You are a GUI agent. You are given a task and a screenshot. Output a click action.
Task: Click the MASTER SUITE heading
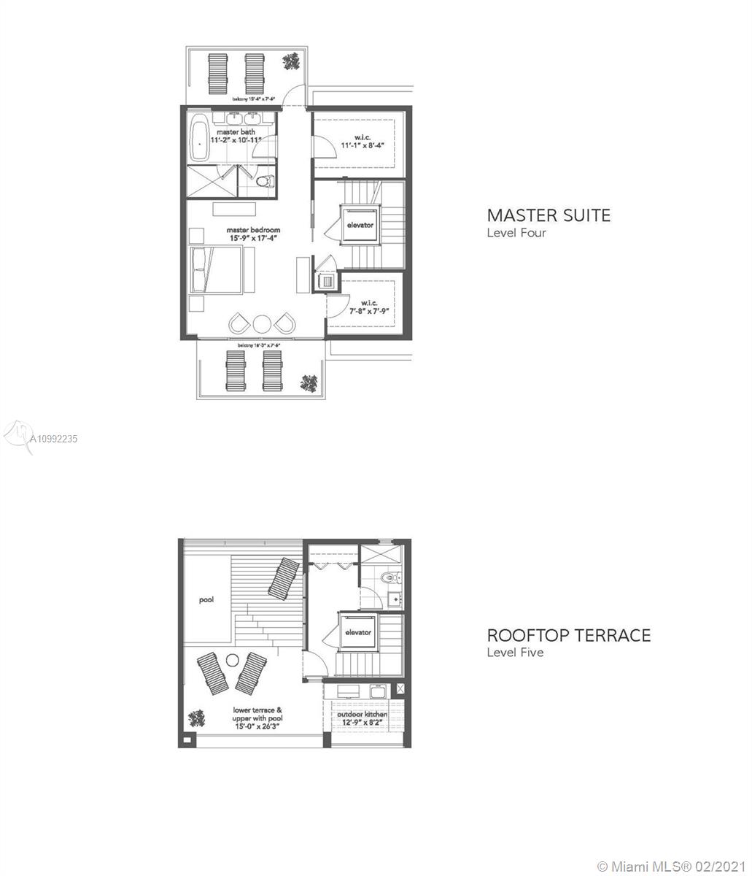tap(549, 215)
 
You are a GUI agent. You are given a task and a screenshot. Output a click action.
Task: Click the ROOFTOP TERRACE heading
tap(568, 634)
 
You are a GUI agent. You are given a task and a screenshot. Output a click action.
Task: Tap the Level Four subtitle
tap(516, 233)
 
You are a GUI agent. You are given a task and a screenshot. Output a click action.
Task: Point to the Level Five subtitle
tap(515, 652)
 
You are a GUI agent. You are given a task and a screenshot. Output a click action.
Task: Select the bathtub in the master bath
tap(198, 142)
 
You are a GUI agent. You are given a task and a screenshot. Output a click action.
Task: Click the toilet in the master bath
tap(267, 180)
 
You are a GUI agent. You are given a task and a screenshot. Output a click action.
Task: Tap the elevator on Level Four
tap(359, 225)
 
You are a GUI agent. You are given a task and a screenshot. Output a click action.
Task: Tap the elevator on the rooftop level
tap(357, 632)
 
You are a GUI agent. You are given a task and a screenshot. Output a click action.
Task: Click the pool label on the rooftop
tap(206, 599)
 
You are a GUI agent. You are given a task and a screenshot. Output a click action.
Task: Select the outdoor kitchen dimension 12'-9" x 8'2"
tap(361, 722)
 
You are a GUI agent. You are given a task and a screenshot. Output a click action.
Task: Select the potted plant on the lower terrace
tap(196, 718)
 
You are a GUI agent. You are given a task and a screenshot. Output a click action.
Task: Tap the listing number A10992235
tap(55, 439)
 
